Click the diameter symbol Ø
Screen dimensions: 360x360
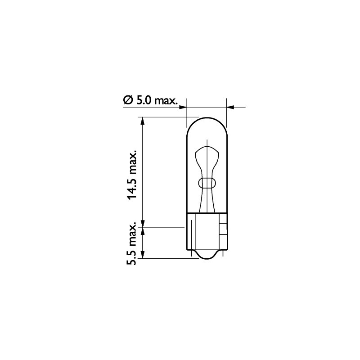pos(127,100)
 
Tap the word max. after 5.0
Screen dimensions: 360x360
pos(166,100)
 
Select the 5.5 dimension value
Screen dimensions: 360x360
pos(132,254)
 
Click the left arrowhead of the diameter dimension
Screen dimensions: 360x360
pos(183,107)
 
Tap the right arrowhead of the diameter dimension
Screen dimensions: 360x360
pos(230,107)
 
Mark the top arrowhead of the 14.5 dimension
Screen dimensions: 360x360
pos(143,120)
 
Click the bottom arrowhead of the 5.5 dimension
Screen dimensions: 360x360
pos(143,256)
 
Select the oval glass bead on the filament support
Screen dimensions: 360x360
pos(207,183)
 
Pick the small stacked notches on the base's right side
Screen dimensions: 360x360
pos(222,229)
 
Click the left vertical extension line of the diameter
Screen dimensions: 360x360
pos(186,112)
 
